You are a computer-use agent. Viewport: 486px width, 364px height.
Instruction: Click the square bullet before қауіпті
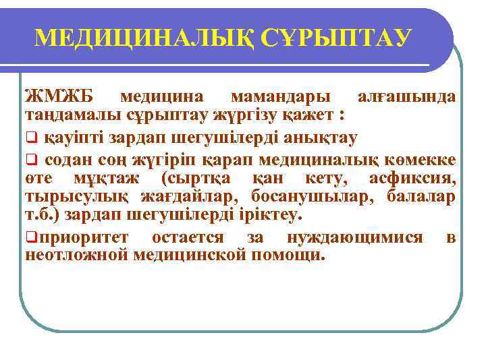(x=31, y=138)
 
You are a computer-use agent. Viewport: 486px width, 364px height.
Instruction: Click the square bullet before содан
(x=31, y=160)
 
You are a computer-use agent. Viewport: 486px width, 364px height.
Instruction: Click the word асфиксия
(x=412, y=178)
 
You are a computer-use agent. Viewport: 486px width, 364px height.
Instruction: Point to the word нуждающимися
(x=355, y=237)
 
